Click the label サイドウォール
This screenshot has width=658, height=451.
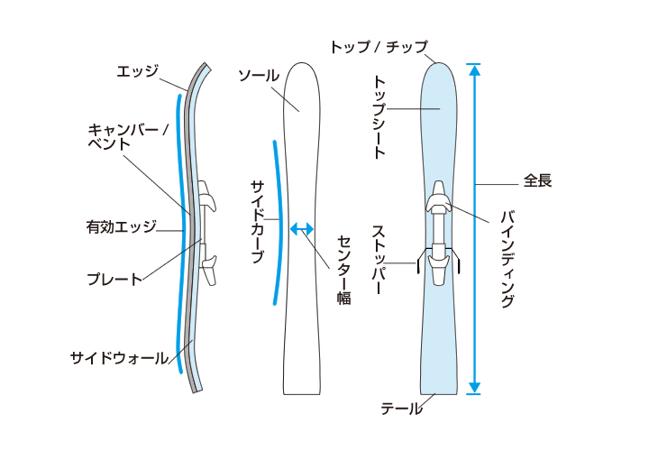pyautogui.click(x=119, y=358)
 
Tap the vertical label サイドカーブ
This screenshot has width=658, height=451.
pyautogui.click(x=257, y=221)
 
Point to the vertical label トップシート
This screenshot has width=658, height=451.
pyautogui.click(x=379, y=117)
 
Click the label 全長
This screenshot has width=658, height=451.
pyautogui.click(x=537, y=180)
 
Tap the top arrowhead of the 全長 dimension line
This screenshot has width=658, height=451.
pyautogui.click(x=475, y=68)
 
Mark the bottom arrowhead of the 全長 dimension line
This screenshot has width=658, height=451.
pyautogui.click(x=475, y=389)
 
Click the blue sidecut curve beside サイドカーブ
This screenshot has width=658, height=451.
pyautogui.click(x=279, y=221)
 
